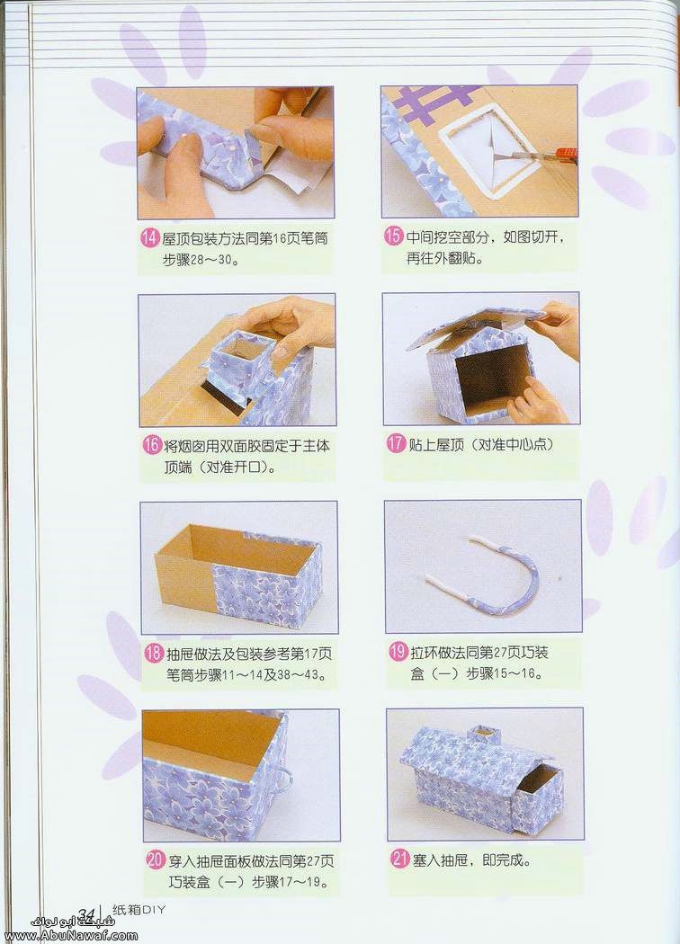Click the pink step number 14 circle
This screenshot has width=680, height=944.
click(x=149, y=238)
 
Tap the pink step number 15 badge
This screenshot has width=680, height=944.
click(x=393, y=236)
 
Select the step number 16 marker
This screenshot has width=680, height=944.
click(x=151, y=446)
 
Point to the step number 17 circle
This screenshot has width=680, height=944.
click(x=396, y=444)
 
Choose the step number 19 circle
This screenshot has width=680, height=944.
click(x=398, y=652)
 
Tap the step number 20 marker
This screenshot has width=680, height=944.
click(x=156, y=859)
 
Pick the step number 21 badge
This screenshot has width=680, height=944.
click(x=400, y=859)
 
